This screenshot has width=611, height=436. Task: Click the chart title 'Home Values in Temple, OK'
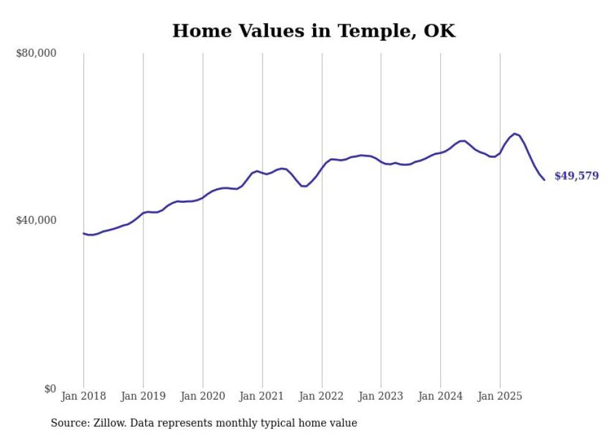tap(314, 31)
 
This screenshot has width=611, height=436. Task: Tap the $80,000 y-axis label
tap(36, 53)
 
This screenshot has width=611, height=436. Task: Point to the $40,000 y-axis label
tap(36, 220)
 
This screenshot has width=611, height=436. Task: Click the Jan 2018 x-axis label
tap(84, 396)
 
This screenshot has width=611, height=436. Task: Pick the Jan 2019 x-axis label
tap(143, 396)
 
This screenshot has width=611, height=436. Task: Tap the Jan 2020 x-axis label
tap(203, 396)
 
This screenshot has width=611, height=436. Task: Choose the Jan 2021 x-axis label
tap(262, 396)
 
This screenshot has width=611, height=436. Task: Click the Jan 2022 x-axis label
tap(322, 396)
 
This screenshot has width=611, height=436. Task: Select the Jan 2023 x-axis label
tap(381, 396)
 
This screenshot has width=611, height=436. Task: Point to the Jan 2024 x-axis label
tap(440, 396)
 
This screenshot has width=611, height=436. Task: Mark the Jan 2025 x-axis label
tap(500, 396)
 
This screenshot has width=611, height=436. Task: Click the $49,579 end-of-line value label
tap(576, 176)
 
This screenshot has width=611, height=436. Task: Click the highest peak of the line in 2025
tap(514, 133)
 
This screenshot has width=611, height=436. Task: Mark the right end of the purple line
tap(544, 180)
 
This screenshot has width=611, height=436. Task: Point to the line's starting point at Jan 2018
tap(84, 233)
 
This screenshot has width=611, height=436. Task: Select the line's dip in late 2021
tap(304, 186)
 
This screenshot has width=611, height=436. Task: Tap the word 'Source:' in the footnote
tap(69, 423)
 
